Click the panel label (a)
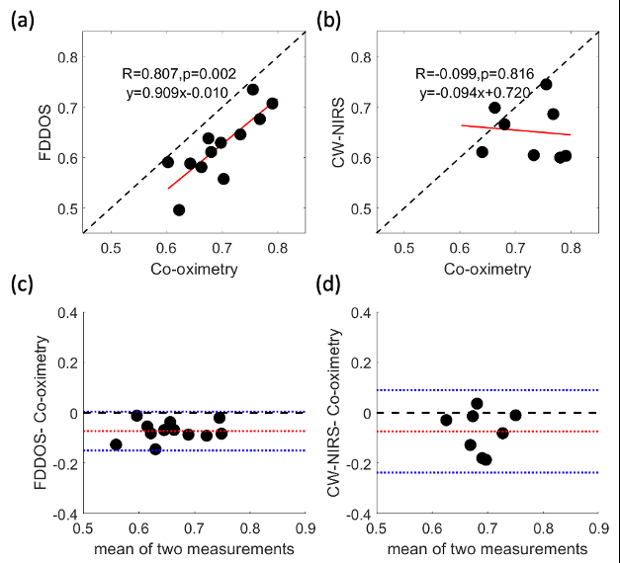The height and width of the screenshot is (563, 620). tap(22, 18)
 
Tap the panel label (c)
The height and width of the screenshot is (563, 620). tap(22, 285)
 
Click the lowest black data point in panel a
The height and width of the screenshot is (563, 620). tap(179, 209)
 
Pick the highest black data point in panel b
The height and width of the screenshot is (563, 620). tap(546, 84)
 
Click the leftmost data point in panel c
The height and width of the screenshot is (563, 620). tap(116, 444)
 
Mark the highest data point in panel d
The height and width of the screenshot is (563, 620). tap(477, 403)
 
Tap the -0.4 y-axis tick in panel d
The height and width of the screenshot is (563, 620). tap(357, 515)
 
